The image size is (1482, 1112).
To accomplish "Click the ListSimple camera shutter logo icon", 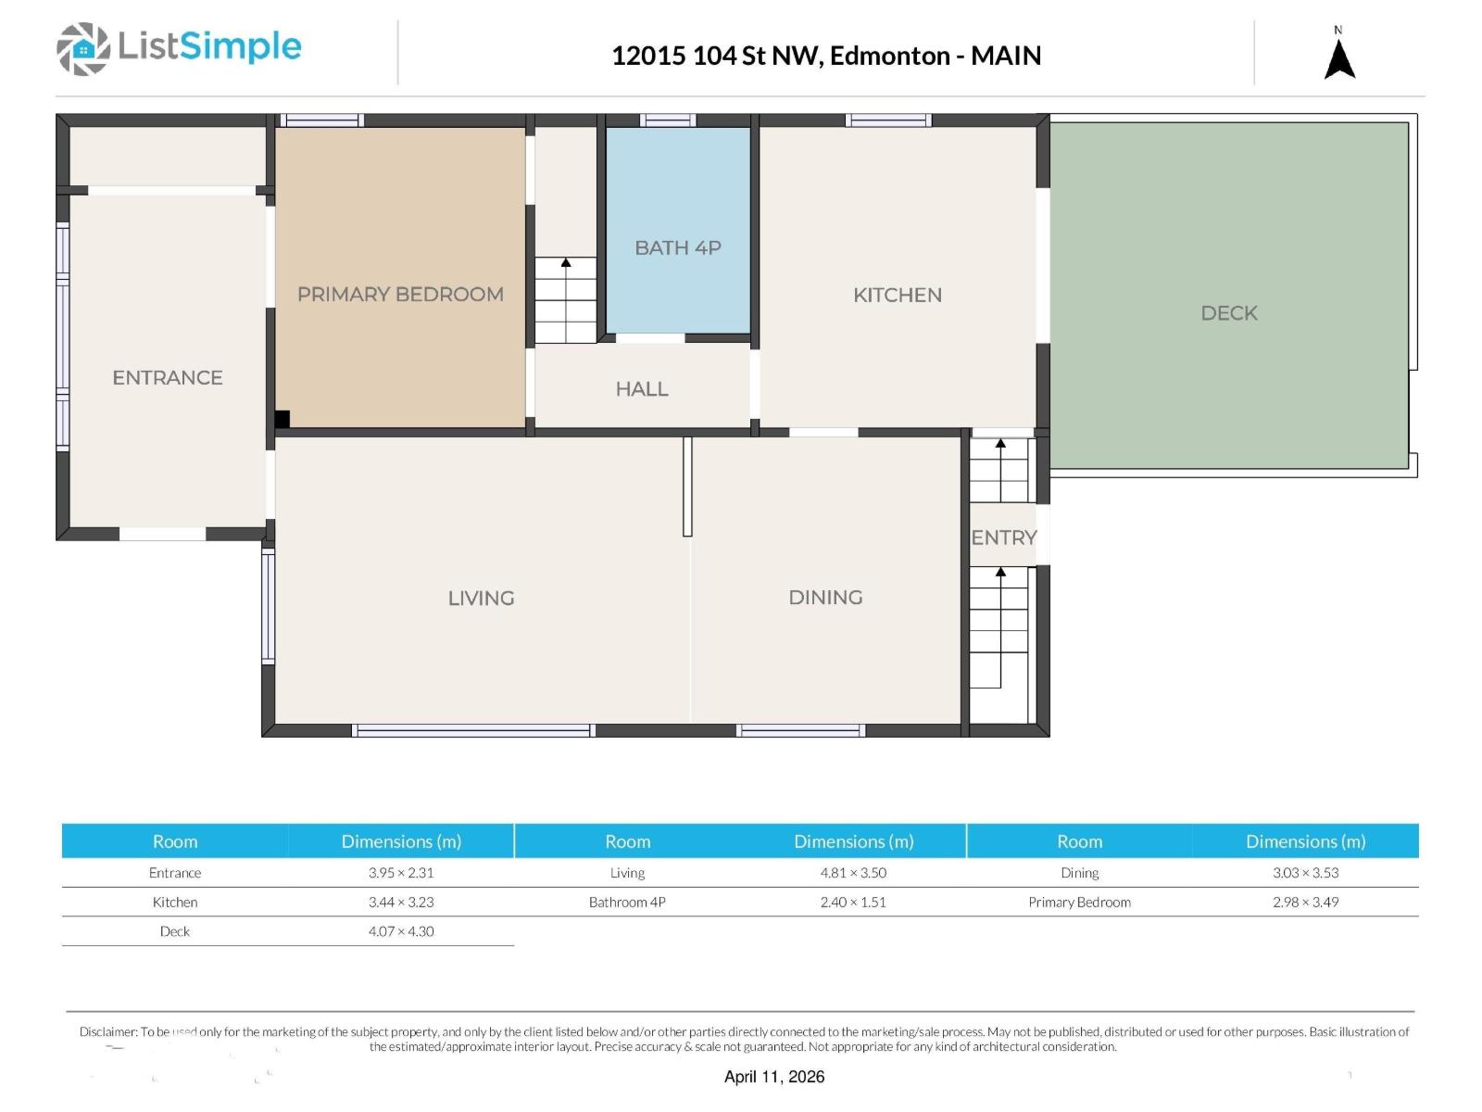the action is pos(83,48).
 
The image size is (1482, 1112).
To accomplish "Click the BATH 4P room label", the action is pos(678,247).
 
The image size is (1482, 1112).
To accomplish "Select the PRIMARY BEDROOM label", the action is pos(400,295).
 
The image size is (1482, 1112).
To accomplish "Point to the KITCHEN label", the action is pos(898,295).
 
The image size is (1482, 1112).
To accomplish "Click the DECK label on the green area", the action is pos(1229,313).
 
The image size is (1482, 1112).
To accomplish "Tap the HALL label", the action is pos(641,389).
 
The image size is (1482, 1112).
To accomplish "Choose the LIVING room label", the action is pos(482,599).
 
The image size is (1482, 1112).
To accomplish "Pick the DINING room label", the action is pos(825,598).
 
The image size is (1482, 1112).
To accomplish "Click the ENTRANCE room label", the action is pos(168,377).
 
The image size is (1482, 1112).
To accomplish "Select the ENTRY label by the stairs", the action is pos(1004,537).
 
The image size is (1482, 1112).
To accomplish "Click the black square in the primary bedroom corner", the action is pos(283,419).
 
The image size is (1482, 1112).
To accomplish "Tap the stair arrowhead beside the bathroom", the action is pos(566,262).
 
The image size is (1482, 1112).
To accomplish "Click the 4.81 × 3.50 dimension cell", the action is pos(853,872).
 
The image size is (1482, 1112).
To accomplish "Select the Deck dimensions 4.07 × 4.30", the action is pos(401,931).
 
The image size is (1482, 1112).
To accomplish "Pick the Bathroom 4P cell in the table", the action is pos(627,902).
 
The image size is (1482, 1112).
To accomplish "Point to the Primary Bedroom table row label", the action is pos(1080,902).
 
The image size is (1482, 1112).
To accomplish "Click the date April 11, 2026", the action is pos(774,1077).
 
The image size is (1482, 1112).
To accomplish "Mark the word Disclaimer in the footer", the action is pos(108,1031).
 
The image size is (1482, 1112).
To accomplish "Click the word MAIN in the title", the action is pos(1006,56).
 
